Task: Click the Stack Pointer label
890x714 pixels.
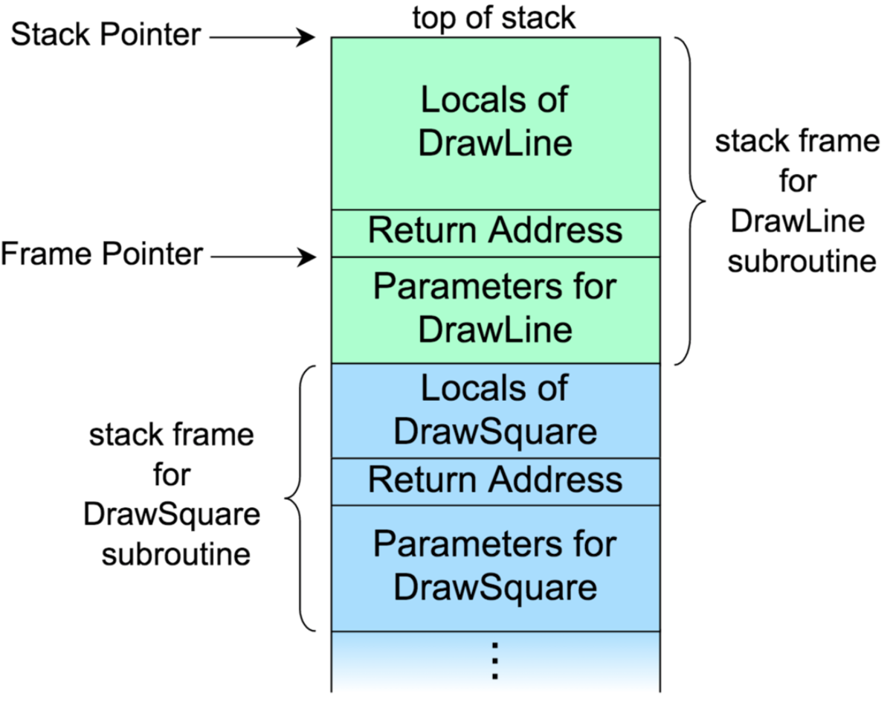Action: coord(106,34)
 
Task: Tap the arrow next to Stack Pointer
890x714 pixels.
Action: coord(262,37)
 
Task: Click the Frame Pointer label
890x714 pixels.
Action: coord(102,253)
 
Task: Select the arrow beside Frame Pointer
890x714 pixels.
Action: coord(263,257)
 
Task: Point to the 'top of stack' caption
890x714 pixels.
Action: coord(494,18)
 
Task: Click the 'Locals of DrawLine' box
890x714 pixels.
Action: coord(495,123)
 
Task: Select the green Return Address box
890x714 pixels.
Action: coord(495,234)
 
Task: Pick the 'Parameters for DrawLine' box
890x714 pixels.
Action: coord(495,310)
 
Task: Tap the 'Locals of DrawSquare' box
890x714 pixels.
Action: coord(495,411)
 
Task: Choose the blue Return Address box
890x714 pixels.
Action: coord(495,482)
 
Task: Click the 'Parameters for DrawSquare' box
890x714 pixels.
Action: coord(495,568)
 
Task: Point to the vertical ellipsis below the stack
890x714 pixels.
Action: coord(495,660)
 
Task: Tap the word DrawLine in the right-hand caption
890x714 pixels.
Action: coord(798,221)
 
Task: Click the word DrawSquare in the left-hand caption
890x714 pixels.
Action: coord(172,515)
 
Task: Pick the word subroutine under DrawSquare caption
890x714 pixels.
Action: coord(176,554)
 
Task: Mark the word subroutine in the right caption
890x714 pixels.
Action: coord(802,261)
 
